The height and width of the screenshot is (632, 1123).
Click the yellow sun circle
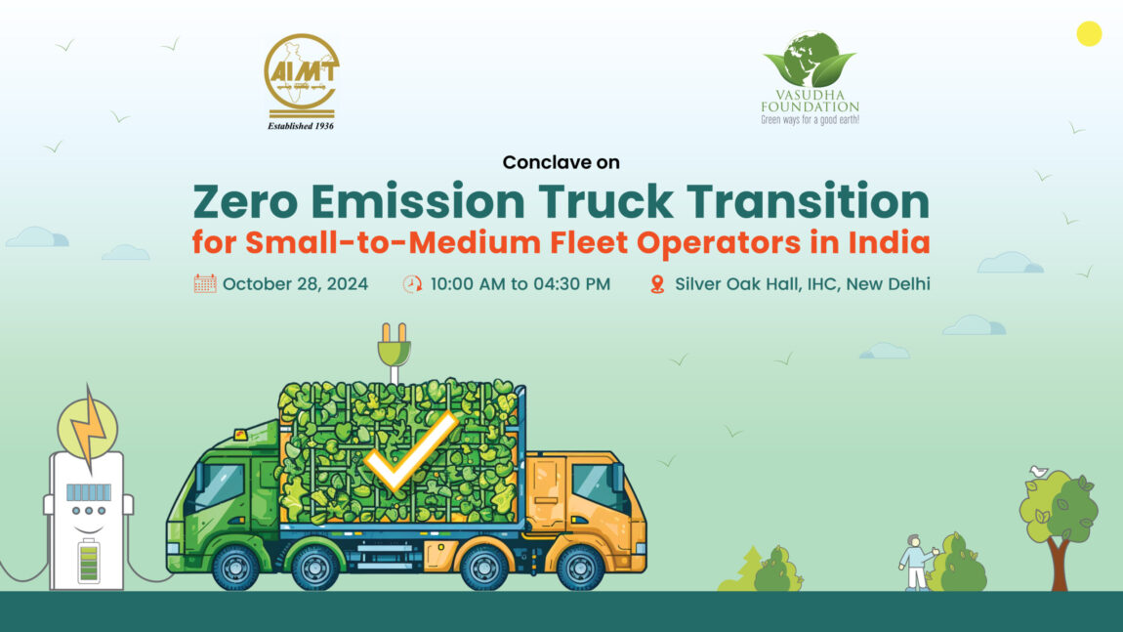(x=1089, y=33)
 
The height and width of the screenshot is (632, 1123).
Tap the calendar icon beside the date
(x=205, y=283)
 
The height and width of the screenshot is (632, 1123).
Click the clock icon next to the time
(x=412, y=284)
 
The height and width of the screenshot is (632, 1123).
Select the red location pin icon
(x=657, y=284)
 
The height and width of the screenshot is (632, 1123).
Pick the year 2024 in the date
(x=348, y=283)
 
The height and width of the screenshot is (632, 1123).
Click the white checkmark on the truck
(x=411, y=452)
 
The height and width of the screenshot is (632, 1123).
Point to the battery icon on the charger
(x=89, y=561)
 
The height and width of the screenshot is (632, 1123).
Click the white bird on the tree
(x=1038, y=472)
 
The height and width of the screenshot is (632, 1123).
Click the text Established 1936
(x=301, y=126)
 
